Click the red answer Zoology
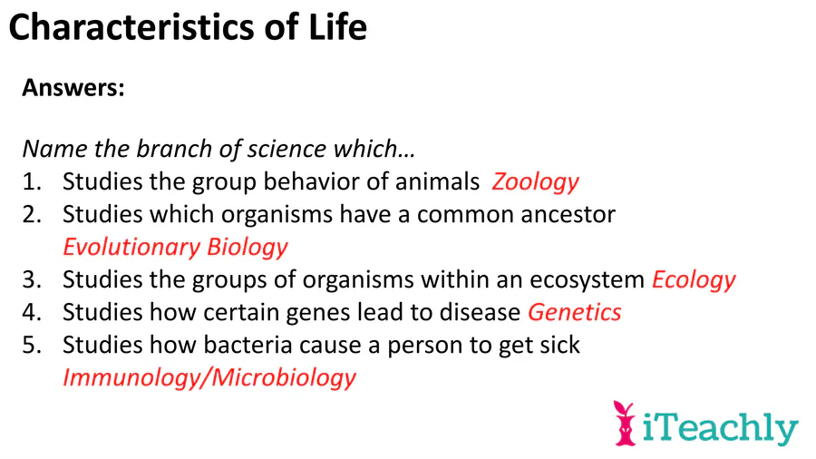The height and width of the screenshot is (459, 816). (x=535, y=182)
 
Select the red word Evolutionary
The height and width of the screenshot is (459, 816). (x=131, y=248)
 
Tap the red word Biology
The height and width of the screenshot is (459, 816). (x=248, y=248)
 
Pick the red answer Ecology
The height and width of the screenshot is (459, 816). (x=694, y=280)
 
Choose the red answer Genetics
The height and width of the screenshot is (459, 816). (x=575, y=312)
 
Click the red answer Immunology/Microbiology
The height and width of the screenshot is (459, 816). (x=209, y=378)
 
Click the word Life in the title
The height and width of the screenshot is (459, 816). (x=338, y=27)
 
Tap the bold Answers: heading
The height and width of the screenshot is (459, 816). (x=73, y=87)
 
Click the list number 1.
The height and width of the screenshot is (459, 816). (x=31, y=182)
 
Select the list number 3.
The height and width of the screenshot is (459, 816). (x=31, y=280)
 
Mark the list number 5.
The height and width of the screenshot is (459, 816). (x=31, y=345)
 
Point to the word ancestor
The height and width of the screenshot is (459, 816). (x=568, y=215)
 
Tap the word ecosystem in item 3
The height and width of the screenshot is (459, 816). (x=587, y=281)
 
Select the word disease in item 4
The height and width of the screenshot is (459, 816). (x=480, y=312)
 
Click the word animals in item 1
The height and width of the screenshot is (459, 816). (x=437, y=182)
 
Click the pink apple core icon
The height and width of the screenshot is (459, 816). (x=625, y=424)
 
